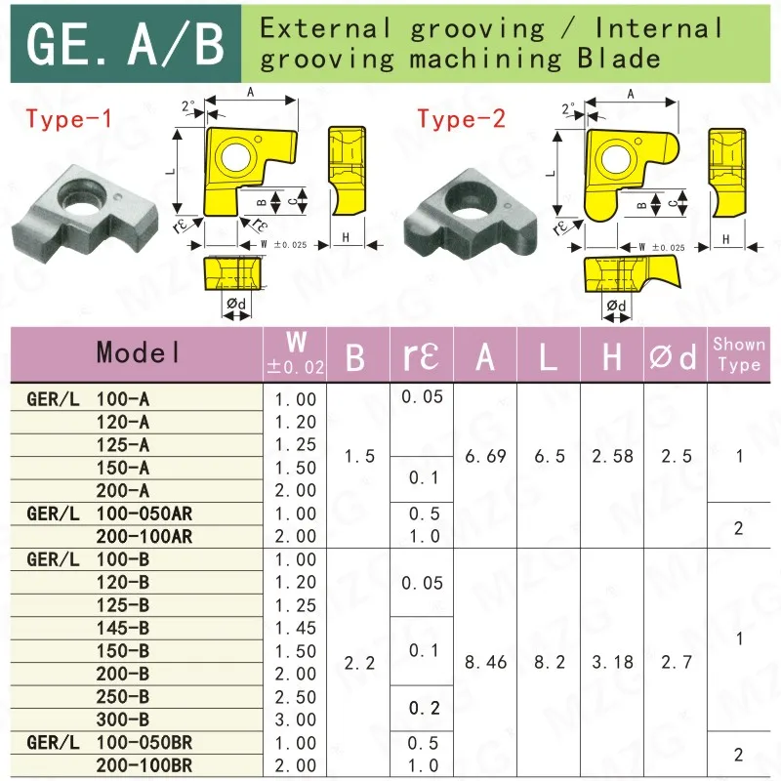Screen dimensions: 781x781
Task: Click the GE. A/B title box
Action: pos(126,42)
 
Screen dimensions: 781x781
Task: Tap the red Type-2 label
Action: pos(462,120)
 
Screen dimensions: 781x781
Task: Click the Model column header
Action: pos(138,353)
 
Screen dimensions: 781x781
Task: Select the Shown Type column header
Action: pos(739,353)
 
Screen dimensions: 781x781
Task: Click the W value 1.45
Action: pos(296,628)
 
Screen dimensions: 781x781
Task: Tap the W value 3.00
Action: pos(296,719)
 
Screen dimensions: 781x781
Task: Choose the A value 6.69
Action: pos(485,456)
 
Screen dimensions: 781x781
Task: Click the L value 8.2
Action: pos(550,662)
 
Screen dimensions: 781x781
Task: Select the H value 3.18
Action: pos(612,662)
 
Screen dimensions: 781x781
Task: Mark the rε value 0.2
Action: pos(424,708)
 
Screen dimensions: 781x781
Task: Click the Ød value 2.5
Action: pos(675,456)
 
